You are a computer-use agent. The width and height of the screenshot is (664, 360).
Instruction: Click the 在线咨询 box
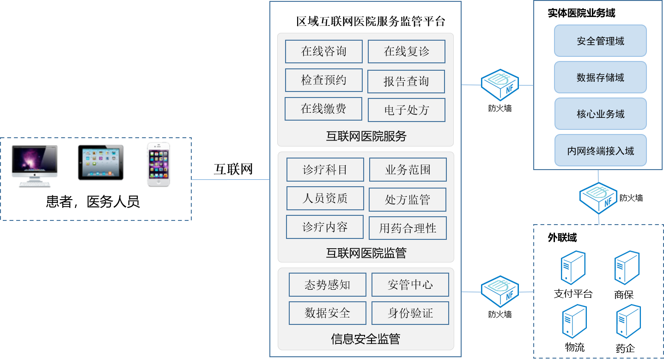tap(323, 51)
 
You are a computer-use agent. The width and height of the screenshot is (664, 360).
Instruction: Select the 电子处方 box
tap(407, 110)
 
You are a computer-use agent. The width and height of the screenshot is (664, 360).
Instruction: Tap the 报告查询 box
tap(406, 81)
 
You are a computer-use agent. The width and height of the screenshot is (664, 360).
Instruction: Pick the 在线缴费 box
tap(323, 109)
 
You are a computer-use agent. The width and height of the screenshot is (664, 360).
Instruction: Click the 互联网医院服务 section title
tap(366, 136)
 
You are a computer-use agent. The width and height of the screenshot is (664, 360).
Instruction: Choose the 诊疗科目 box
tap(325, 170)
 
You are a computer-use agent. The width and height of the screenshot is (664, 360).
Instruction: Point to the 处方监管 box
tap(408, 200)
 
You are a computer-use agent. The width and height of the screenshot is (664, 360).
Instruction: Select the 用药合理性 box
tap(408, 228)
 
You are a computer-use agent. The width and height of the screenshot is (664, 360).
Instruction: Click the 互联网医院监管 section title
tap(366, 253)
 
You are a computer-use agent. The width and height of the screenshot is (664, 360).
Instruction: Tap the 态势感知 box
tap(327, 285)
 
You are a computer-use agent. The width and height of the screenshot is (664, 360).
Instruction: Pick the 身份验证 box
tap(410, 313)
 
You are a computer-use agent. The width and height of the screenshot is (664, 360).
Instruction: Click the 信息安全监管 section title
tap(366, 339)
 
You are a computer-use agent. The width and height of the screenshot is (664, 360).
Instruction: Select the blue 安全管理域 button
tap(600, 41)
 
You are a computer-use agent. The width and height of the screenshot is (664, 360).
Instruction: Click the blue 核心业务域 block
tap(600, 114)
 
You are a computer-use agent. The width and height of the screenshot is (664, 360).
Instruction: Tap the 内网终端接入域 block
tap(600, 151)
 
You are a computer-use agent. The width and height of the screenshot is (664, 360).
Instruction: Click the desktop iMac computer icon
tap(35, 165)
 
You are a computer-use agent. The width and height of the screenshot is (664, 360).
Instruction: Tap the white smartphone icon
tap(158, 164)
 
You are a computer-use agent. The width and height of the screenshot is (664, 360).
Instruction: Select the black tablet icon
tap(101, 163)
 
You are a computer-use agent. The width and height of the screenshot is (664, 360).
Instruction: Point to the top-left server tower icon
tap(573, 267)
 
